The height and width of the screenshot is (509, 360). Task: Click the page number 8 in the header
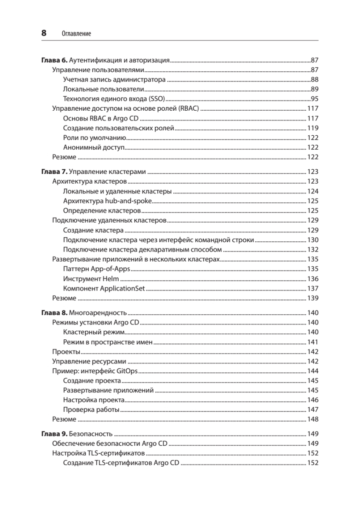(x=44, y=33)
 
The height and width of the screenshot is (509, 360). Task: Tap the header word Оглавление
(x=76, y=34)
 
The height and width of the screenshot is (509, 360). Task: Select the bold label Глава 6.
(x=54, y=60)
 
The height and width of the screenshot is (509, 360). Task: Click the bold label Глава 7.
(x=54, y=172)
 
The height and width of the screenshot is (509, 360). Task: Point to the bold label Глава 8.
(x=54, y=313)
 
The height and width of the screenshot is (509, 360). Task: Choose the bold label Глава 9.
(x=54, y=434)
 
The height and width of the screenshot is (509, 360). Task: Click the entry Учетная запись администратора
(x=114, y=79)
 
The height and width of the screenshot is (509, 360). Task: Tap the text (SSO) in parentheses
(x=155, y=99)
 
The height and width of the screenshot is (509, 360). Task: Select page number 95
(x=314, y=99)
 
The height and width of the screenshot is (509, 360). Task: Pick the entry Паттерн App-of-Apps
(x=97, y=269)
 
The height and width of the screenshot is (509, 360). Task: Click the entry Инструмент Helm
(x=91, y=279)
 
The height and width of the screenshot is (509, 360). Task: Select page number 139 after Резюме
(x=313, y=298)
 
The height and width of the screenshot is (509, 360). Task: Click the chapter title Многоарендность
(x=98, y=313)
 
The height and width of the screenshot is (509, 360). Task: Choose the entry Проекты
(x=66, y=352)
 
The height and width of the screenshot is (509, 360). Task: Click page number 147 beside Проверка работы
(x=313, y=410)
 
